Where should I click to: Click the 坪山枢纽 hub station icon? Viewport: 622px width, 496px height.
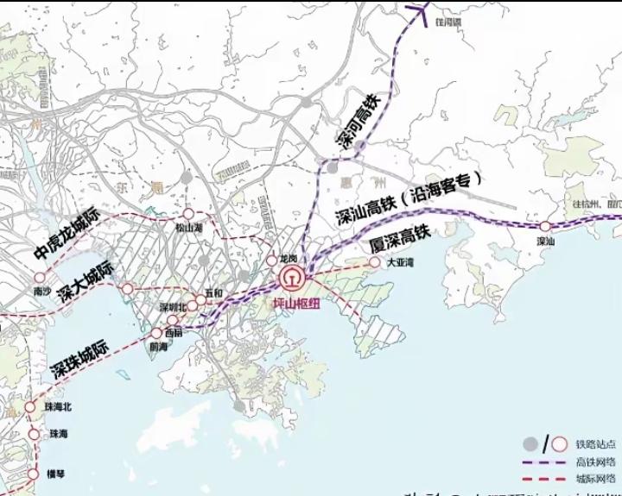(x=291, y=279)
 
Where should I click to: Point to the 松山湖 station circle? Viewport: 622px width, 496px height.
(x=187, y=214)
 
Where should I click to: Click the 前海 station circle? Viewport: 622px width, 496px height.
(x=156, y=333)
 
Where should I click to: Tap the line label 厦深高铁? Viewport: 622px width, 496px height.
(x=399, y=238)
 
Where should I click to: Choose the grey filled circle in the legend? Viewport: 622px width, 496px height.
(x=531, y=444)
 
